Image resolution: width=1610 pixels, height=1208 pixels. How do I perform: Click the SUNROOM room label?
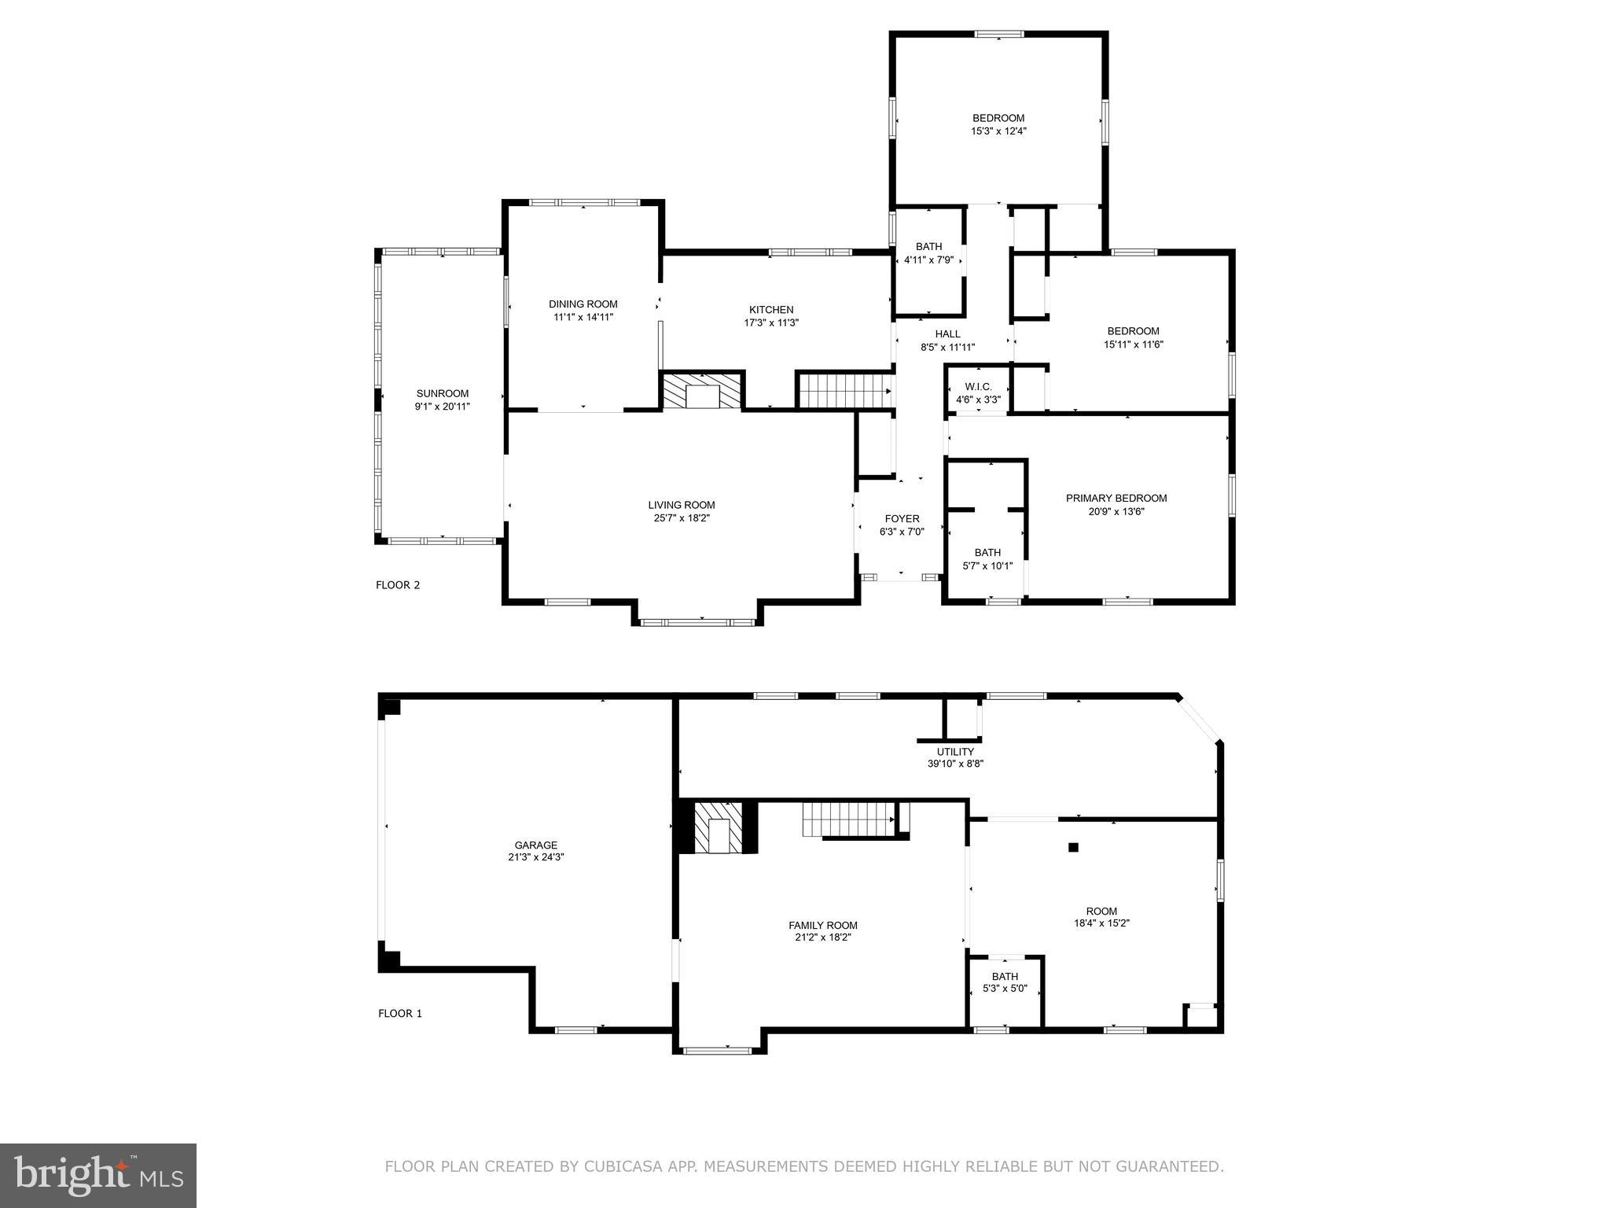(x=442, y=393)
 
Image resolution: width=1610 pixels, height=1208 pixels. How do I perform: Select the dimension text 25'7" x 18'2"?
(x=681, y=518)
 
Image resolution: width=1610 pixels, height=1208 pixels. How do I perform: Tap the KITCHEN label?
(x=771, y=310)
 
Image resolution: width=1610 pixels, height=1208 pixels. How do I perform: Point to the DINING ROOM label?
(x=583, y=304)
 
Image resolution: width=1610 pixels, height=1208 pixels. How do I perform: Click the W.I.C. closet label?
(x=978, y=387)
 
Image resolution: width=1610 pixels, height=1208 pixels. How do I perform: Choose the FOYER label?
(x=902, y=519)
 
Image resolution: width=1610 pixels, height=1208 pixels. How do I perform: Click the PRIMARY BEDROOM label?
(x=1116, y=498)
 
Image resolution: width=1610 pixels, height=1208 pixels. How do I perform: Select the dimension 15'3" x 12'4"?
(x=998, y=131)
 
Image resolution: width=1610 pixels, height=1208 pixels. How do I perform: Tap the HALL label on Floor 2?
(x=947, y=334)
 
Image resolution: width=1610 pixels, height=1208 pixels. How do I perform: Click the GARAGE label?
(x=535, y=845)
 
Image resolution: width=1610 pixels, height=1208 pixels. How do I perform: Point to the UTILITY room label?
(x=955, y=752)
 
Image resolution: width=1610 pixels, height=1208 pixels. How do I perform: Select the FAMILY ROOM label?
(x=822, y=926)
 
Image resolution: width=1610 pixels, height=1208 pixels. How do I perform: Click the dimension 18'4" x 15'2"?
(x=1101, y=923)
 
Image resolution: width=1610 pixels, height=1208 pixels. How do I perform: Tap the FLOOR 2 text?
(x=398, y=585)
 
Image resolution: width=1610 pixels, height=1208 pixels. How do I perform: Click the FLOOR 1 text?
(x=400, y=1013)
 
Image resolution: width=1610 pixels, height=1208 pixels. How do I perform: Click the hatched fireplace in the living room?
(x=701, y=391)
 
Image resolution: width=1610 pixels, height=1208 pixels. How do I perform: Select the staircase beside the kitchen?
(x=844, y=391)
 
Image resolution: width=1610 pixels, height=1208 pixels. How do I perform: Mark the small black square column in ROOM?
(x=1073, y=847)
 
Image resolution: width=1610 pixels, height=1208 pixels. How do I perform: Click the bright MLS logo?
(x=97, y=1175)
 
